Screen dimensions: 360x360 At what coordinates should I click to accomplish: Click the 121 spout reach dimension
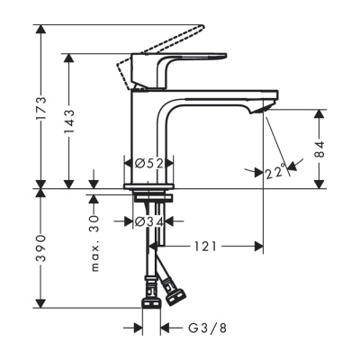pyautogui.click(x=205, y=245)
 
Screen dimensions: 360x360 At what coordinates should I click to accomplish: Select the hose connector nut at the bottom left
pyautogui.click(x=150, y=293)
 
